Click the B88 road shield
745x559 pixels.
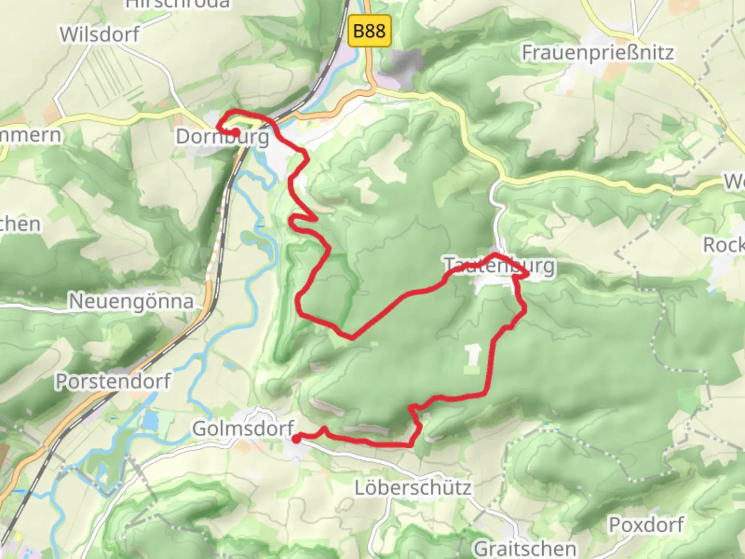[x=369, y=31]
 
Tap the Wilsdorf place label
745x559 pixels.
[x=99, y=35]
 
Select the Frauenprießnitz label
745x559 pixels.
[x=598, y=52]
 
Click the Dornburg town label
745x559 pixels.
[x=222, y=137]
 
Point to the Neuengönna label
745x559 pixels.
[x=131, y=301]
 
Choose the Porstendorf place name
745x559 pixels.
[x=113, y=381]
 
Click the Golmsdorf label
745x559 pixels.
[x=243, y=429]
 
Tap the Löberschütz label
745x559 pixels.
[x=413, y=488]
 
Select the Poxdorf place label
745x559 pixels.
[x=646, y=525]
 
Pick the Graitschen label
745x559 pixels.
[x=525, y=548]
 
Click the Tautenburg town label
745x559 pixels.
[x=500, y=265]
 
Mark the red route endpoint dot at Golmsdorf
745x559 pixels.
[x=296, y=439]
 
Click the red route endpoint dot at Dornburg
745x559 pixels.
[x=235, y=133]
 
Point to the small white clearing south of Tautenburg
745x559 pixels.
[x=473, y=356]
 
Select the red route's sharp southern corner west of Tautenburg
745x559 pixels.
[x=352, y=338]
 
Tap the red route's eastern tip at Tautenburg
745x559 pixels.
[x=527, y=275]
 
